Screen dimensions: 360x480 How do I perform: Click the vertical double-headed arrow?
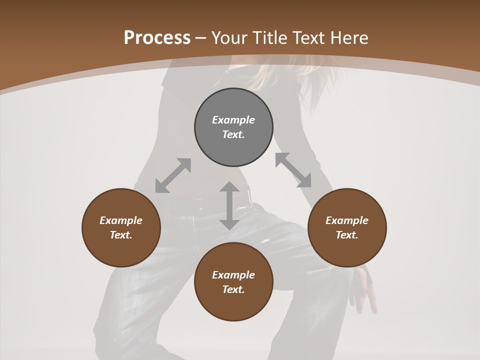point(229,205)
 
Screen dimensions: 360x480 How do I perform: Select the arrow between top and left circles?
point(173,175)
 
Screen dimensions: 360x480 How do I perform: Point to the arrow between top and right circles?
point(293,170)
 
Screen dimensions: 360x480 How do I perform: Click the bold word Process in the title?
point(157,37)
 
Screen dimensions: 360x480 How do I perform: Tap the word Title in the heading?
point(270,37)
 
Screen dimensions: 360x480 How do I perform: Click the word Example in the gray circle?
point(233,120)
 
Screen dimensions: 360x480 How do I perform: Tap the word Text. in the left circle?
point(121,235)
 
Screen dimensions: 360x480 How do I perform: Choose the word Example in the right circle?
point(347,220)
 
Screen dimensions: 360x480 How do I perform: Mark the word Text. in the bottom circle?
point(233,289)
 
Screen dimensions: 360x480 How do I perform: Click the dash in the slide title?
point(201,38)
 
